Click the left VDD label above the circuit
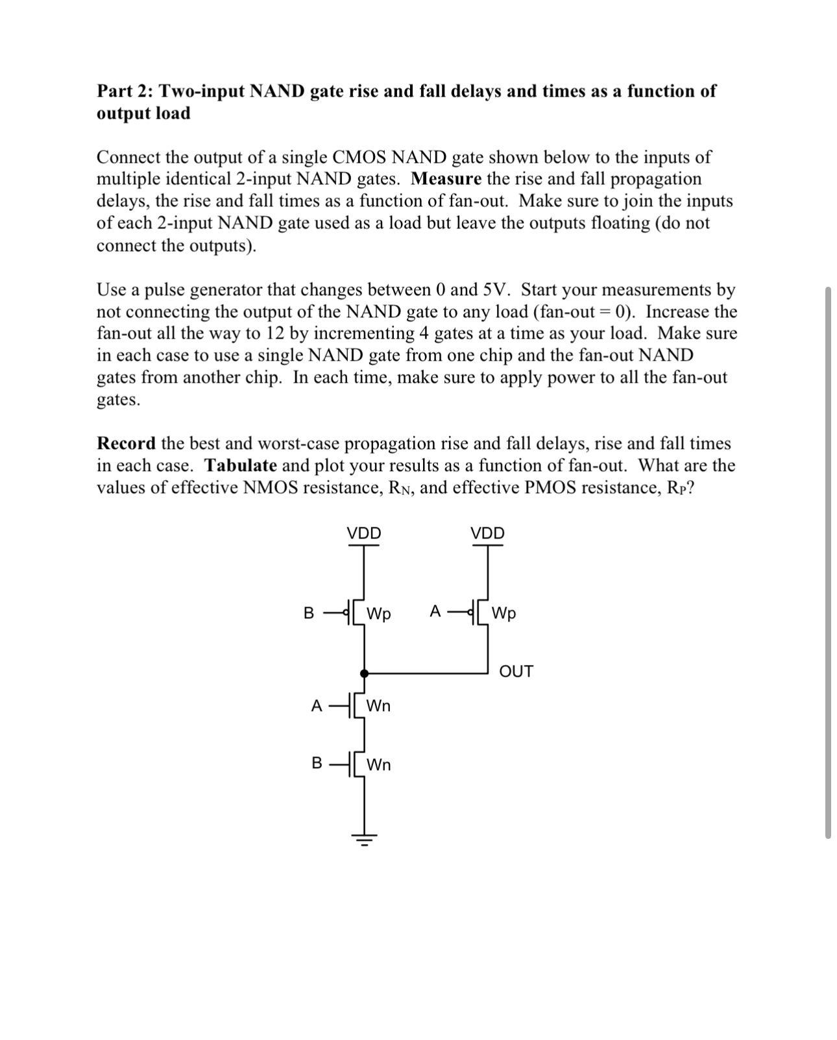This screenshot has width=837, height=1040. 363,533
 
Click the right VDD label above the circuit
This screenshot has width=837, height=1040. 487,533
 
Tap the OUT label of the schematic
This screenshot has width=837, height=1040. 516,671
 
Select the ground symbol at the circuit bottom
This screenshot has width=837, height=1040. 364,840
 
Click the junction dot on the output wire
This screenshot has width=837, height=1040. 364,674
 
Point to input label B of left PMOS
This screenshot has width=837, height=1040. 309,612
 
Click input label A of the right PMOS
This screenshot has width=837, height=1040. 435,611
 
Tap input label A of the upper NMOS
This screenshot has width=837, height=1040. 317,706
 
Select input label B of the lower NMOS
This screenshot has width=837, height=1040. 317,763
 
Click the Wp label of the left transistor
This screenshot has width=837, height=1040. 379,614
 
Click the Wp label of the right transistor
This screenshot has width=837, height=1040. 504,613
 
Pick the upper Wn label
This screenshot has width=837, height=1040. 379,706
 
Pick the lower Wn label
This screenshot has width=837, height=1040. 379,765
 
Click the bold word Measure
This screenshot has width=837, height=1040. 446,179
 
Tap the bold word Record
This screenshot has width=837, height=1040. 126,444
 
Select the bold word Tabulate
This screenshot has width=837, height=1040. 241,466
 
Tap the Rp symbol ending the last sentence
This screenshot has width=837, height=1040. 675,488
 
